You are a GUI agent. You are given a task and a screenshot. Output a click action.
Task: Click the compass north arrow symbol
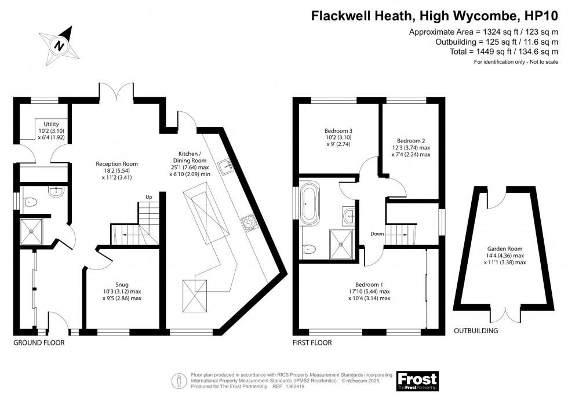pyautogui.click(x=59, y=46)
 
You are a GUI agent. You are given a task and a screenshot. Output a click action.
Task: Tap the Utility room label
pyautogui.click(x=51, y=131)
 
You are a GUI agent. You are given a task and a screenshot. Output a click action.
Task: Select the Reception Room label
pyautogui.click(x=116, y=170)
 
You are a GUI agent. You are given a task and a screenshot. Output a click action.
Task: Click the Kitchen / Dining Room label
pyautogui.click(x=190, y=164)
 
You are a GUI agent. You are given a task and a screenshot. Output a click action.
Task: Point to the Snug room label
pyautogui.click(x=122, y=291)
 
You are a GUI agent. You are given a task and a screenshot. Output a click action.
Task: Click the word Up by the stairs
pyautogui.click(x=149, y=197)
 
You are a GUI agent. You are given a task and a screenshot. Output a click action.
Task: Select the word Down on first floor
pyautogui.click(x=377, y=234)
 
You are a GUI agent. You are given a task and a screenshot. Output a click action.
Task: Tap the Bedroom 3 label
pyautogui.click(x=338, y=137)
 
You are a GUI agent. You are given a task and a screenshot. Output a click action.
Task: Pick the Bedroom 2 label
pyautogui.click(x=411, y=148)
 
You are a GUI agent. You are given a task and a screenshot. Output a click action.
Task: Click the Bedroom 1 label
pyautogui.click(x=369, y=291)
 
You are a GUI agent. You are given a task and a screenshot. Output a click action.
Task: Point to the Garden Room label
pyautogui.click(x=505, y=256)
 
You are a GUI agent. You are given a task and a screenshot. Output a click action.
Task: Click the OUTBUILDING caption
pyautogui.click(x=476, y=331)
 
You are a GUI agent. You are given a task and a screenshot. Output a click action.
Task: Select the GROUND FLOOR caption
pyautogui.click(x=39, y=342)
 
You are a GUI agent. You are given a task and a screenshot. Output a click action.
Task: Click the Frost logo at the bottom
pyautogui.click(x=418, y=381)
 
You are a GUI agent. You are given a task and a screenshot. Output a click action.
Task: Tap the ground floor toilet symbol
pyautogui.click(x=30, y=202)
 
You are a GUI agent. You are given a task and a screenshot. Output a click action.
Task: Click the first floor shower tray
pyautogui.click(x=341, y=245)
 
